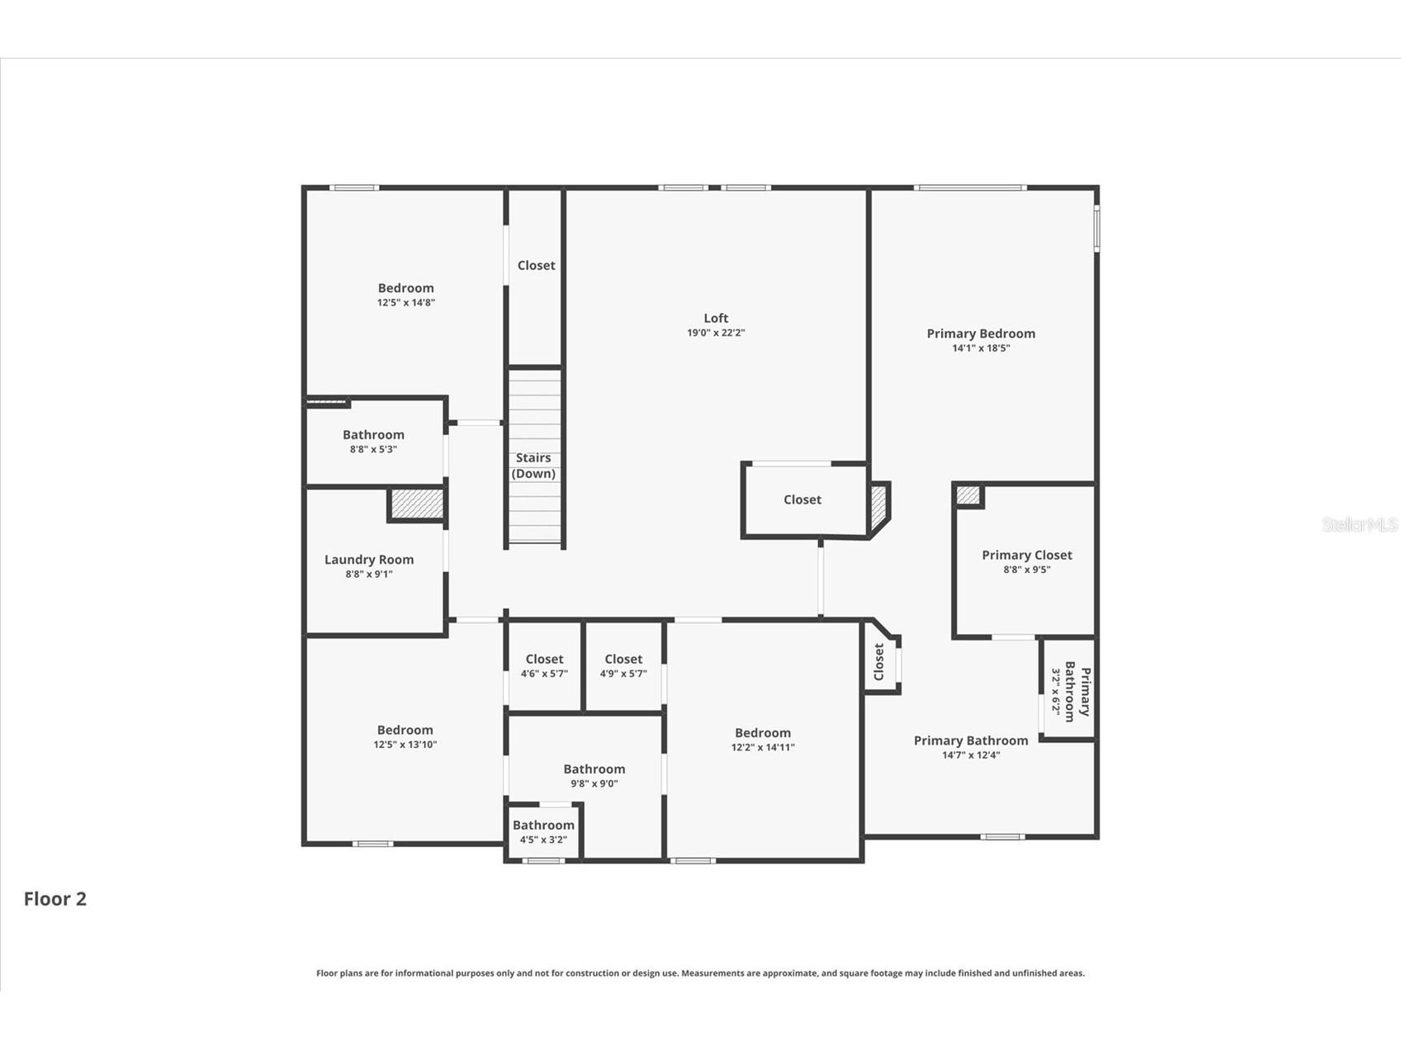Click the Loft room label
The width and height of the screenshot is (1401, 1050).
tap(716, 318)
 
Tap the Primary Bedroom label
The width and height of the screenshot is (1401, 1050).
tap(981, 333)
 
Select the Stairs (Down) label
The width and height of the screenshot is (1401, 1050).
tap(533, 466)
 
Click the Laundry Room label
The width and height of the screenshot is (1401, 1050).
tap(369, 560)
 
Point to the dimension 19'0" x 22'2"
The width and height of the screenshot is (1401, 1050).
tap(716, 333)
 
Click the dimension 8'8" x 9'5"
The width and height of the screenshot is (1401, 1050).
tap(1027, 570)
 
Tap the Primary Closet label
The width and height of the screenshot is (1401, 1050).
tap(1027, 555)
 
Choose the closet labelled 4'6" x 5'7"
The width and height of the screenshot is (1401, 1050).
tap(544, 665)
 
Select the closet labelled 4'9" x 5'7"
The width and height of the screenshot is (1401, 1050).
tap(623, 665)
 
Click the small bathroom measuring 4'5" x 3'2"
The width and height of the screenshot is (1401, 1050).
tap(543, 831)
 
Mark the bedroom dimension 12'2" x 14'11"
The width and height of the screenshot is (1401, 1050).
tap(763, 748)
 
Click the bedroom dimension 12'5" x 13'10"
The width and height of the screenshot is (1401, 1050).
tap(405, 745)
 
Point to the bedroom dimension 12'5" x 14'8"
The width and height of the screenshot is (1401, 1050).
tap(406, 303)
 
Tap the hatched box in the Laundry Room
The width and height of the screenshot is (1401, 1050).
tap(417, 504)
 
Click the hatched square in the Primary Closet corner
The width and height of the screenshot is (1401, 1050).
tap(968, 495)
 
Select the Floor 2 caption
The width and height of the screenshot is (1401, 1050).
tap(54, 899)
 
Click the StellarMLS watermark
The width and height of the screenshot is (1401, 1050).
tap(1359, 524)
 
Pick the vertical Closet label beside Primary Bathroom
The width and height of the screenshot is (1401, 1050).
tap(878, 662)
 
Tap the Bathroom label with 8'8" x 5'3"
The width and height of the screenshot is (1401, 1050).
tap(373, 435)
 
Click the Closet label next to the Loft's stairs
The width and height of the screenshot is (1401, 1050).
tap(536, 265)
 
